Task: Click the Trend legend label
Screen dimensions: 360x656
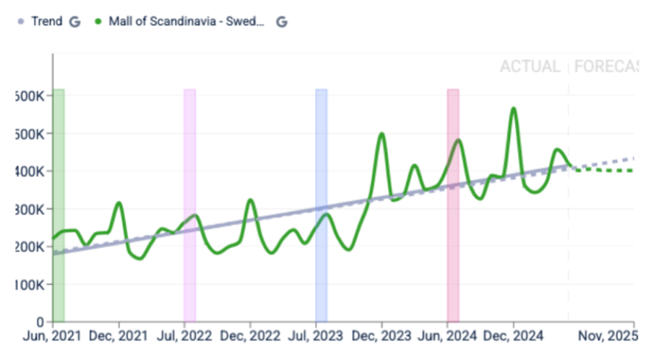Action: (47, 21)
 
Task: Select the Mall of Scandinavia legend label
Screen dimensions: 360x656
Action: (186, 21)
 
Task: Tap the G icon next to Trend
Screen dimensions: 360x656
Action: (74, 22)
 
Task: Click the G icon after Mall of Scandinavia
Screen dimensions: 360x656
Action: (282, 22)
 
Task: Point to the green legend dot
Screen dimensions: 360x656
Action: (98, 22)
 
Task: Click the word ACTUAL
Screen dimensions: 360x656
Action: (530, 67)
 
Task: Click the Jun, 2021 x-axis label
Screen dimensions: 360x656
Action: (52, 336)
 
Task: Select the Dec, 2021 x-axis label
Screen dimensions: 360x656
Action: (118, 336)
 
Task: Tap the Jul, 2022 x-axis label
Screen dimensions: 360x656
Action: (184, 336)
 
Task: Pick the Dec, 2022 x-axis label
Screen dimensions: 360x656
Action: (250, 336)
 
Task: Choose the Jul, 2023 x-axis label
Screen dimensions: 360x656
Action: (316, 336)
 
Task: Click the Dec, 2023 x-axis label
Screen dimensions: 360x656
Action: (382, 336)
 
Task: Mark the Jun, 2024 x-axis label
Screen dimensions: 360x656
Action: (448, 336)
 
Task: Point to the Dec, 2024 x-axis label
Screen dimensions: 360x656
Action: (514, 336)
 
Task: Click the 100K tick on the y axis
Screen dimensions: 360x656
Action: (30, 284)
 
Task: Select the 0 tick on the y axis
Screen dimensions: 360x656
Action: (40, 321)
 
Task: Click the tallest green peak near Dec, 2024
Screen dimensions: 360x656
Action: (513, 109)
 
